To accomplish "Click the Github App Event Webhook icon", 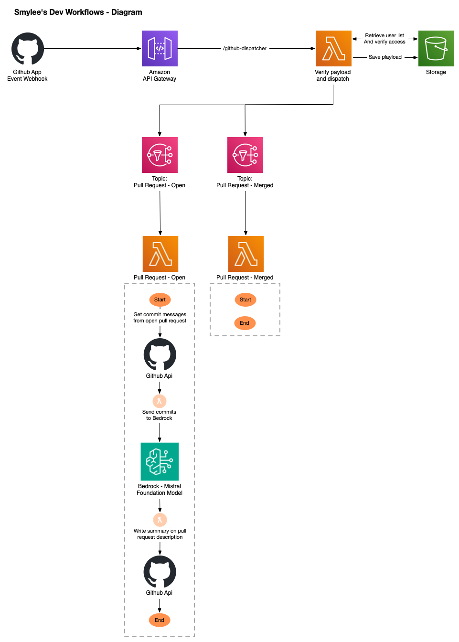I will (28, 49).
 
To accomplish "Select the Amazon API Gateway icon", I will (160, 49).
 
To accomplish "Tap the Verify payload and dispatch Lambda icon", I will (333, 49).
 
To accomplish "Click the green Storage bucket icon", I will (436, 49).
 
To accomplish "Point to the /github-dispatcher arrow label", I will (245, 49).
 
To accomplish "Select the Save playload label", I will (385, 57).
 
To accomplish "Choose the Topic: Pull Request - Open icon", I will (160, 155).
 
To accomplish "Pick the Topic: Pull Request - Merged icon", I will (245, 155).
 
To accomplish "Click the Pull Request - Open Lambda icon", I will (160, 254).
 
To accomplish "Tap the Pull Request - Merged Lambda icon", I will (246, 254).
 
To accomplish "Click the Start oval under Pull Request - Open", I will (160, 300).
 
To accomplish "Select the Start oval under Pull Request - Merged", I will (246, 300).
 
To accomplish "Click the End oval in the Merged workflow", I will (245, 323).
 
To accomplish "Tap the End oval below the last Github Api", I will (160, 621).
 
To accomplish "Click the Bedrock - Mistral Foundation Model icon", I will (160, 461).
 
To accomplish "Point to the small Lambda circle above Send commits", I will (160, 401).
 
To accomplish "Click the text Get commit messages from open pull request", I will (160, 318).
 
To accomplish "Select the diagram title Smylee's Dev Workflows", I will (78, 12).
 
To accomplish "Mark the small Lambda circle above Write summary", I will (160, 520).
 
